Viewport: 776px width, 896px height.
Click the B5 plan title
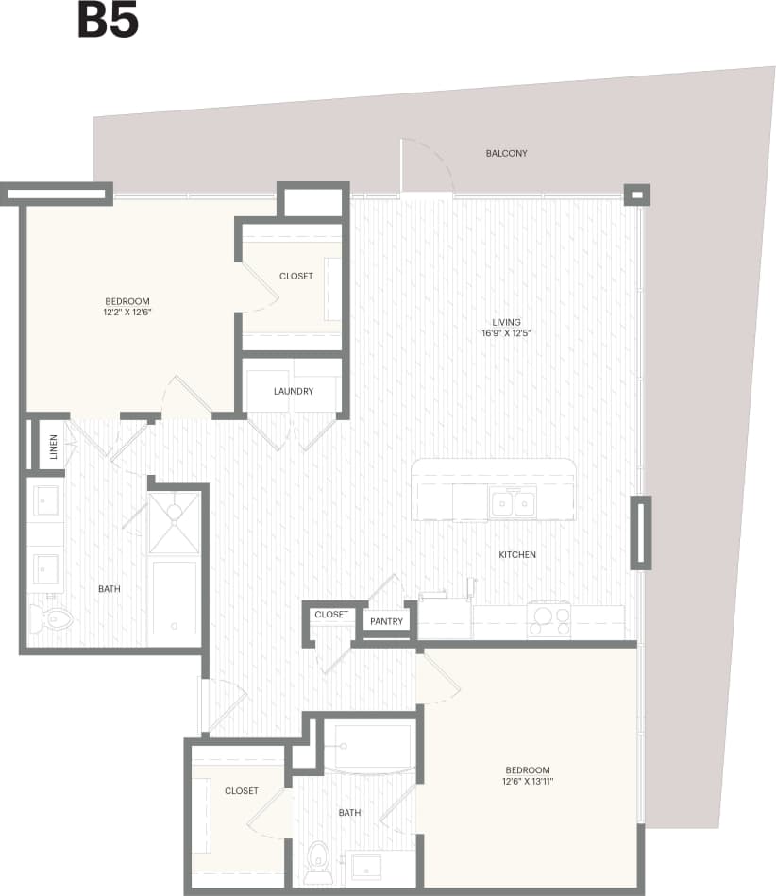(107, 22)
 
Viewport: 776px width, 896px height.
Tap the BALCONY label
(506, 153)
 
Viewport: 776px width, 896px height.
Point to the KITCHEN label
(517, 554)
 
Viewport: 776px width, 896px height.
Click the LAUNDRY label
(294, 391)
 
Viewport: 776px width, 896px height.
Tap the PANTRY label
(387, 621)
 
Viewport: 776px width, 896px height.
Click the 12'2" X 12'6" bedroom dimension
(127, 312)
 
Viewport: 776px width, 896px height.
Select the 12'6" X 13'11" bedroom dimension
(527, 782)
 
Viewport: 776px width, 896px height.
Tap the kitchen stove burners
(548, 620)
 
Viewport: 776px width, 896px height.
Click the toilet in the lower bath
(318, 858)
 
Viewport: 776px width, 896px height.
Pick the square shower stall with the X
(173, 523)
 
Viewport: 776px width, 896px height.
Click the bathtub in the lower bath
(372, 747)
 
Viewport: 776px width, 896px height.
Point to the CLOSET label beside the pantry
(331, 615)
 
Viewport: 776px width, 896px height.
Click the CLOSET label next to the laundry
(295, 277)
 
